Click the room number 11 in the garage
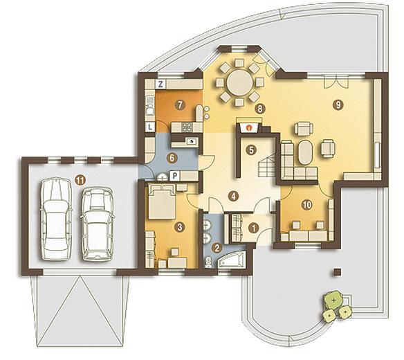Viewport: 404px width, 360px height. [x=80, y=180]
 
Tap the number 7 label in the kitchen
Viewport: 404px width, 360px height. [x=180, y=105]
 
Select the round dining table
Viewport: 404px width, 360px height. [x=239, y=83]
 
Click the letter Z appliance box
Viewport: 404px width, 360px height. [x=160, y=84]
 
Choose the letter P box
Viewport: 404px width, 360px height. [x=175, y=176]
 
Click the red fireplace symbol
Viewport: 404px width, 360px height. [x=248, y=127]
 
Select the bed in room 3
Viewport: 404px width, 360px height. [x=162, y=201]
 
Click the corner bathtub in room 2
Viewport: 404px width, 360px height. [x=231, y=260]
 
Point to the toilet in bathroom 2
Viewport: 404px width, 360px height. [x=208, y=262]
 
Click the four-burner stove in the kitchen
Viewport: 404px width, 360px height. [x=187, y=127]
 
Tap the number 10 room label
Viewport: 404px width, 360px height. [x=306, y=205]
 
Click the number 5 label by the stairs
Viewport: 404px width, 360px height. [x=251, y=150]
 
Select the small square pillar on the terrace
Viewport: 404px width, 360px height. [x=337, y=272]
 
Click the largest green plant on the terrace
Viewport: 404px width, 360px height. [x=333, y=300]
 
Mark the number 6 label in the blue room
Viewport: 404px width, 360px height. [x=172, y=158]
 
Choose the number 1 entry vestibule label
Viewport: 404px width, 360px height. [x=254, y=228]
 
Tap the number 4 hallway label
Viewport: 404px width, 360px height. [x=233, y=196]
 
